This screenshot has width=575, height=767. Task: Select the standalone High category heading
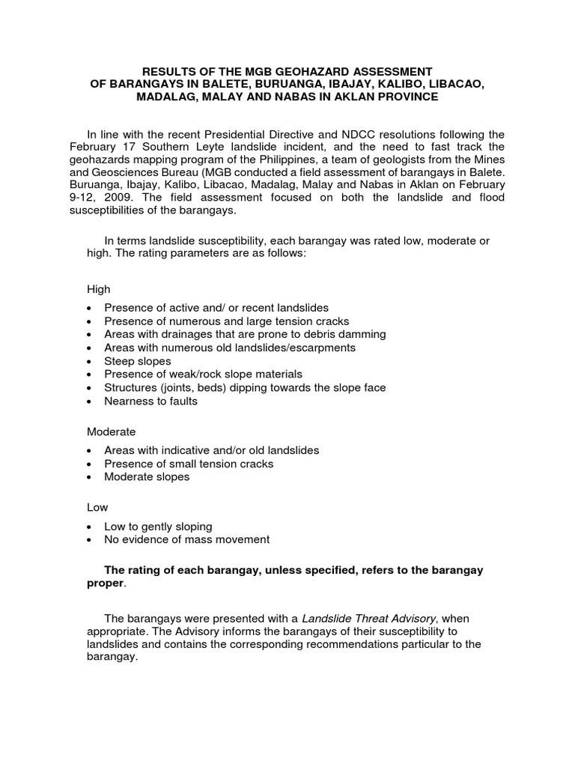pyautogui.click(x=98, y=288)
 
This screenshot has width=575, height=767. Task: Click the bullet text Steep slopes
pyautogui.click(x=138, y=361)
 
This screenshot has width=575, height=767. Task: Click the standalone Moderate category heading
pyautogui.click(x=111, y=431)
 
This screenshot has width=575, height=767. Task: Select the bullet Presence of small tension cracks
pyautogui.click(x=189, y=464)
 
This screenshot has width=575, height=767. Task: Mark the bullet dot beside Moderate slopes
pyautogui.click(x=91, y=477)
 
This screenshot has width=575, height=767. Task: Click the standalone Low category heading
pyautogui.click(x=97, y=508)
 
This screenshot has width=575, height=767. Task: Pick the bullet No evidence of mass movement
pyautogui.click(x=187, y=539)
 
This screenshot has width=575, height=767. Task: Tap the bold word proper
pyautogui.click(x=106, y=583)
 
